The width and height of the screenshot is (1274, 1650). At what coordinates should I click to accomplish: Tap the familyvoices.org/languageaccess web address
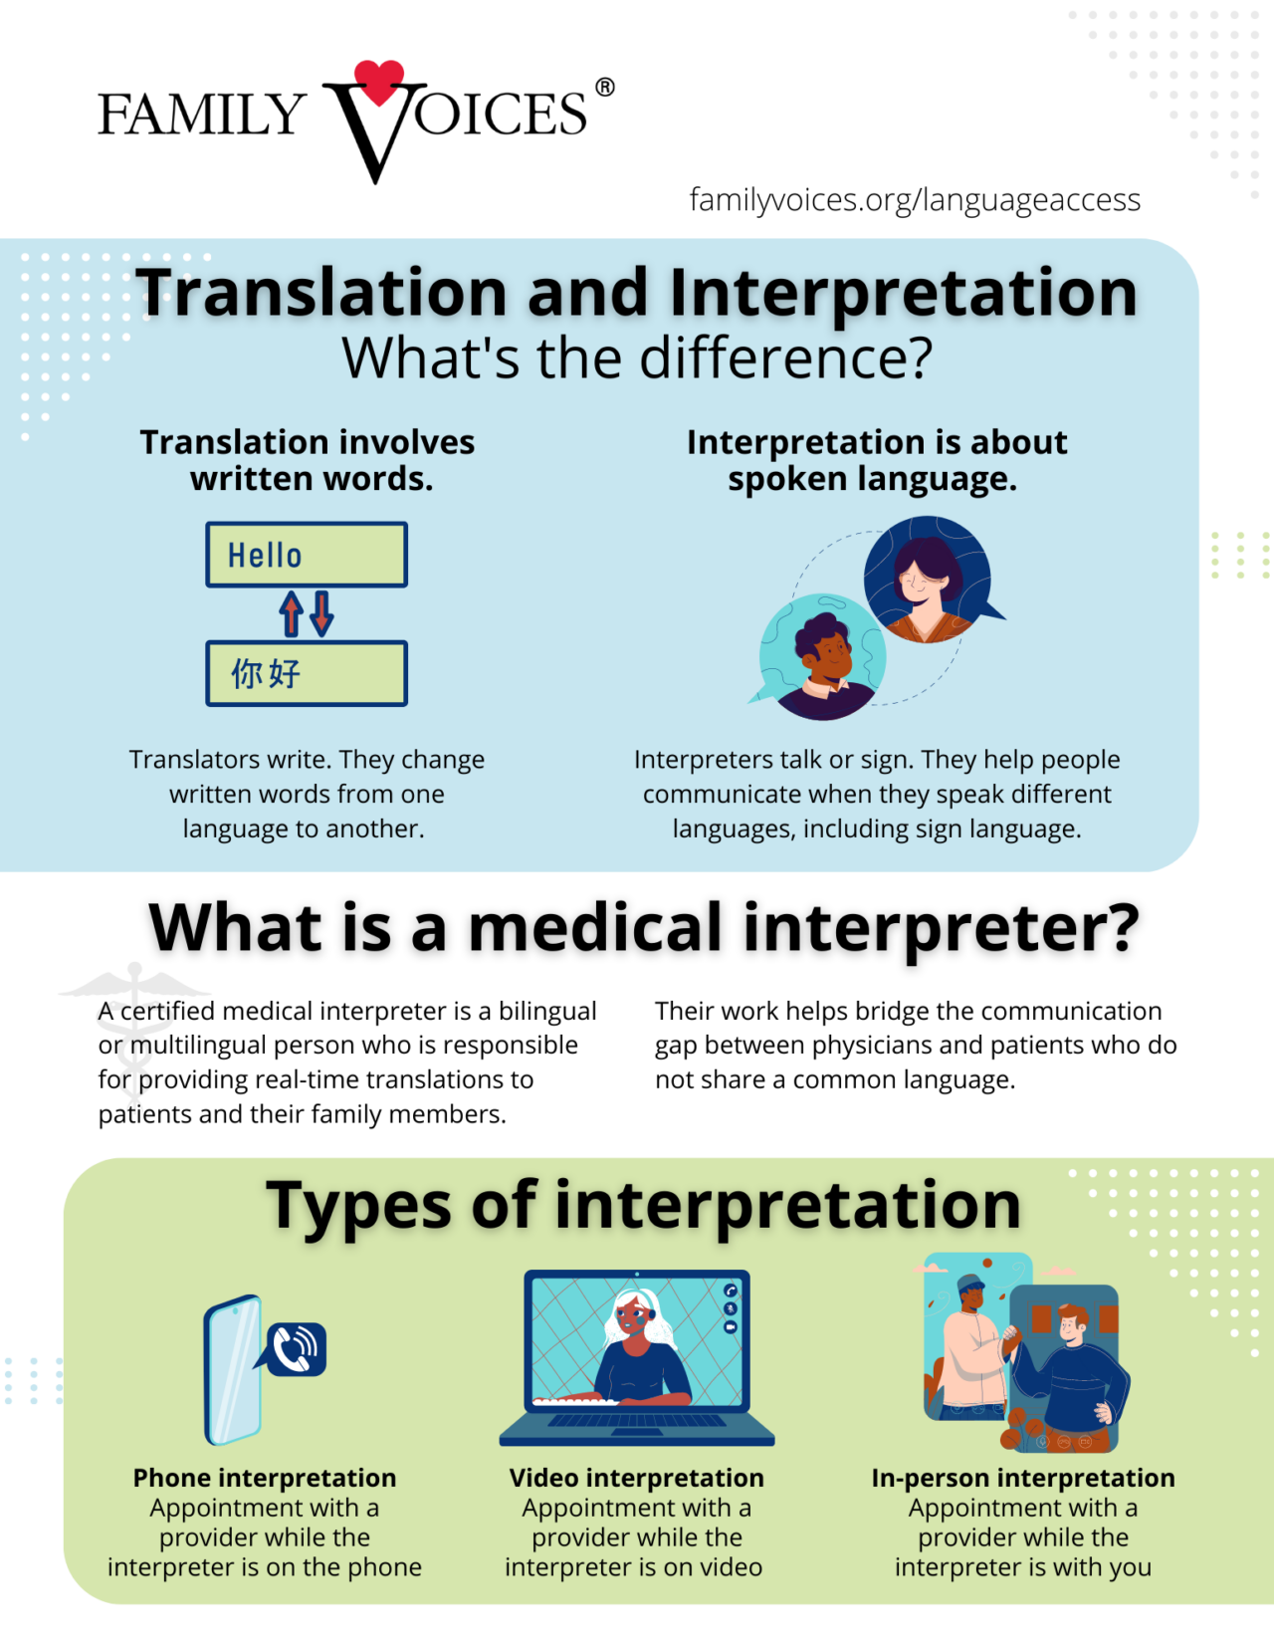click(x=915, y=200)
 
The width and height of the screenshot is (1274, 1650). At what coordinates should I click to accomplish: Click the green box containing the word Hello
click(x=307, y=555)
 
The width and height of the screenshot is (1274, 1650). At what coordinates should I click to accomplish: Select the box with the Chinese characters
click(x=307, y=674)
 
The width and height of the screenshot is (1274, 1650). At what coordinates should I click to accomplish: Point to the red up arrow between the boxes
click(x=292, y=613)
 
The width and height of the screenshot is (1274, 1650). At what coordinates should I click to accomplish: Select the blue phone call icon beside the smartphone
click(x=296, y=1349)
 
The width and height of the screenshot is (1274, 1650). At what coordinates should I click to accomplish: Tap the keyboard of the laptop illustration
click(x=637, y=1420)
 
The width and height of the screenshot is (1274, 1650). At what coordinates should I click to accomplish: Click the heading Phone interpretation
click(x=265, y=1478)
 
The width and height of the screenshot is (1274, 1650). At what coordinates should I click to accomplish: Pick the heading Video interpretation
click(x=637, y=1478)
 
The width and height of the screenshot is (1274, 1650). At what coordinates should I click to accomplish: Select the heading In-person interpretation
click(x=1023, y=1478)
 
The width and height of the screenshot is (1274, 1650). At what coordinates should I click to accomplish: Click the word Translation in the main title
click(x=324, y=294)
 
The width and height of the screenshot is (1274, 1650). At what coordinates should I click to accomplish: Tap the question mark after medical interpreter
click(x=1120, y=928)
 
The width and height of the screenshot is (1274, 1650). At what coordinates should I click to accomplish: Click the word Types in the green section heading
click(x=359, y=1205)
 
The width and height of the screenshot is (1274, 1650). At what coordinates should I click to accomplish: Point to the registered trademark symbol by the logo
click(x=605, y=88)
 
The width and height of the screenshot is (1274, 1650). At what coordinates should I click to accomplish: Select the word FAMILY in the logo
click(x=201, y=114)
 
